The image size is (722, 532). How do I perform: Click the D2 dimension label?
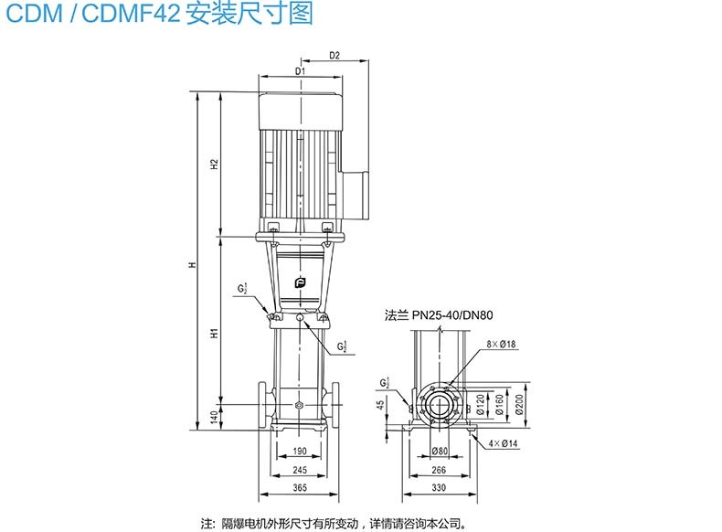click(334, 56)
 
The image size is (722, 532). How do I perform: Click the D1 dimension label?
click(301, 71)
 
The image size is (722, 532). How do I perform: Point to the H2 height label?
click(214, 165)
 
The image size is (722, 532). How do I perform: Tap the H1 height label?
click(214, 333)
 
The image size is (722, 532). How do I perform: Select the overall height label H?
click(193, 265)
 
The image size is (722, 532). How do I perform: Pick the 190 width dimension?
click(301, 450)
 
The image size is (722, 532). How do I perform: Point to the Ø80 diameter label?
click(441, 450)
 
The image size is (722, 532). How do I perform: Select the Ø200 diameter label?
click(519, 402)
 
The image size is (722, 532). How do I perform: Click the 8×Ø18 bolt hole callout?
click(501, 344)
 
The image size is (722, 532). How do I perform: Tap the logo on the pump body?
click(301, 284)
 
